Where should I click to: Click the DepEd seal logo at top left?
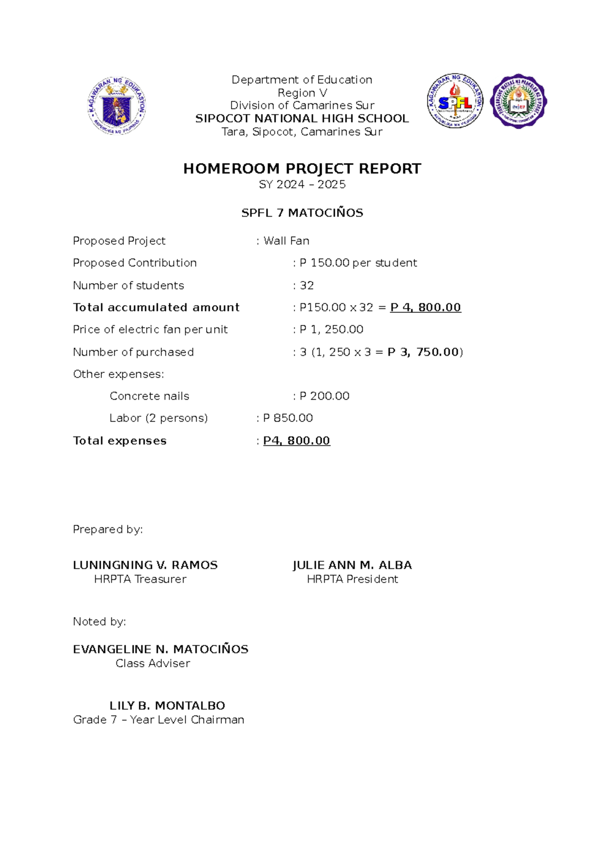point(116,105)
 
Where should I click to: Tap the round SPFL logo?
point(455,101)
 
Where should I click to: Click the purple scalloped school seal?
point(519,101)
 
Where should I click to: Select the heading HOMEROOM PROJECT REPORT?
point(302,169)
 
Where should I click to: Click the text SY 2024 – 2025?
point(302,185)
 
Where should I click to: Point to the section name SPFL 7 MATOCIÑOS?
point(302,213)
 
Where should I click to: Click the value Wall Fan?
point(286,241)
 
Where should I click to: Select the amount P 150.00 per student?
point(358,263)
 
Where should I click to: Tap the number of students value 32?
point(307,286)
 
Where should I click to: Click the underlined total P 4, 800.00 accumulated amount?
point(426,307)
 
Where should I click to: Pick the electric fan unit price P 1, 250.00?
point(331,330)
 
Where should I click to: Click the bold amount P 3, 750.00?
point(423,352)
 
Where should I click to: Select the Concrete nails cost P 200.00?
point(324,396)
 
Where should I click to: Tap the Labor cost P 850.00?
point(288,418)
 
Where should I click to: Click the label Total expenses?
point(119,441)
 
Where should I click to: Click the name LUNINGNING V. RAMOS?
point(145,565)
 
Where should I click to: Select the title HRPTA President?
point(352,579)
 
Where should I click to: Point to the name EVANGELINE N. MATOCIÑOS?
point(160,650)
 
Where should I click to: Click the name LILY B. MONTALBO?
point(167,706)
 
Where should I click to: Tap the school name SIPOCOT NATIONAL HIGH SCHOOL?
point(302,119)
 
